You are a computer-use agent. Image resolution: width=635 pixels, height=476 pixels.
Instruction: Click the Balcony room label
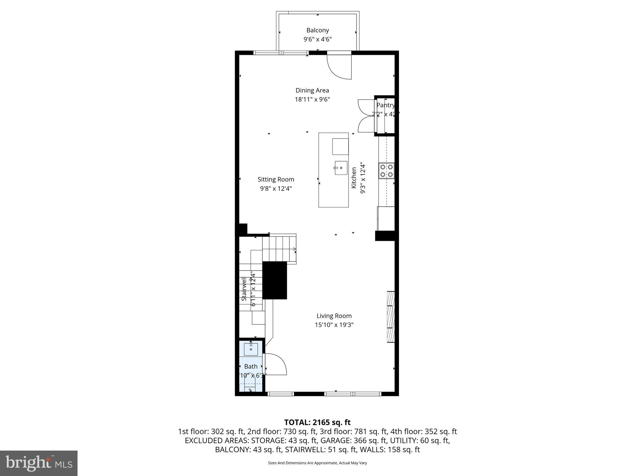point(317,30)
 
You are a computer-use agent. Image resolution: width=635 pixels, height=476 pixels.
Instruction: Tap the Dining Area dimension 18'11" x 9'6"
point(312,99)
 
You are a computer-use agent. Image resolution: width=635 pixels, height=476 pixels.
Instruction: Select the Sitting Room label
point(276,179)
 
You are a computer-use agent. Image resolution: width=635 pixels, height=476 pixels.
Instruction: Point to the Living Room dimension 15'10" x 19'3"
point(334,325)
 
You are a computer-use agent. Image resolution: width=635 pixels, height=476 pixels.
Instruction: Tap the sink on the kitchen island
point(341,168)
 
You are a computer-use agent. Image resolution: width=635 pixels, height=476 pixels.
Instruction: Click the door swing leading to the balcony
point(340,67)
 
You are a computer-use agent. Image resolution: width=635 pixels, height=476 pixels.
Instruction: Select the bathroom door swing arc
point(276,364)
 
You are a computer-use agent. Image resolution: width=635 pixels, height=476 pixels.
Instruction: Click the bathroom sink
point(251,349)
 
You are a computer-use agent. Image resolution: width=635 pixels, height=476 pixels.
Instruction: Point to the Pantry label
point(385,105)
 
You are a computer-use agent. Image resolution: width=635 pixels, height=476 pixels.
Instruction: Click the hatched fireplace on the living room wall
point(391,317)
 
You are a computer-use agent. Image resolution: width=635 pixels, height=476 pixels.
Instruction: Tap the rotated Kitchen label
point(354,178)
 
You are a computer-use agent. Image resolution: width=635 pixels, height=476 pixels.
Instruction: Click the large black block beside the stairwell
point(275,280)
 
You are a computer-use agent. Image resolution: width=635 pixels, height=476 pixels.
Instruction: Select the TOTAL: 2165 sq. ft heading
point(317,422)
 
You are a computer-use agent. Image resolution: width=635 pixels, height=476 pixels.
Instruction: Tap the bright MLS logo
point(39,463)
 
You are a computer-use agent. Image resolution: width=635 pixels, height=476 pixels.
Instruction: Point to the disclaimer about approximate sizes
point(317,463)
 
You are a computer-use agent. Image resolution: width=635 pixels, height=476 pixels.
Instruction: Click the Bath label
point(251,366)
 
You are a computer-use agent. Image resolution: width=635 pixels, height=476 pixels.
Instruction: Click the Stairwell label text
point(244,290)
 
